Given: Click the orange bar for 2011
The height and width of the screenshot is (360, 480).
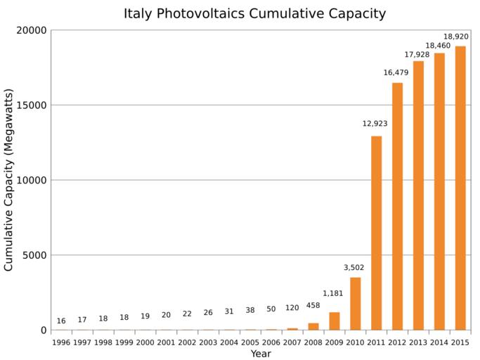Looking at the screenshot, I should (x=376, y=233).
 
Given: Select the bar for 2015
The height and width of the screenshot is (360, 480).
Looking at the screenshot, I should (x=460, y=188).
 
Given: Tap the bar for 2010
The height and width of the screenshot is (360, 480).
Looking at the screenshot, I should (x=356, y=304).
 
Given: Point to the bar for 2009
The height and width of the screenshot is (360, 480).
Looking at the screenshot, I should (x=335, y=321).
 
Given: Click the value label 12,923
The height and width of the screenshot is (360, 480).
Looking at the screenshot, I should (x=375, y=124).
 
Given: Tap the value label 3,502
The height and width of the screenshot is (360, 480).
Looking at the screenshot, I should (x=355, y=267).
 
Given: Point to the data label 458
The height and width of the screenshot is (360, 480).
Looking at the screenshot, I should (x=313, y=305).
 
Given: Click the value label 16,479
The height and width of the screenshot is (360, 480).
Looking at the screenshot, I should (x=396, y=72).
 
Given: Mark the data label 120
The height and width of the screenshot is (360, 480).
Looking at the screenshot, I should (x=292, y=308).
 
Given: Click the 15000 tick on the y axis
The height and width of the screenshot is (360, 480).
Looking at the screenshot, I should (x=31, y=105).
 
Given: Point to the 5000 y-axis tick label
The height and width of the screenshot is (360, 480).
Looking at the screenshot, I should (x=34, y=255).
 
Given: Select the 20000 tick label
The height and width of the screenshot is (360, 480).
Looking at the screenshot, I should (x=31, y=31).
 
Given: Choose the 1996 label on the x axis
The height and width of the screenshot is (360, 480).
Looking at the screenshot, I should (x=61, y=342).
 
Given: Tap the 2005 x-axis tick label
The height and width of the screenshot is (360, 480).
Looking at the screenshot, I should (x=250, y=342).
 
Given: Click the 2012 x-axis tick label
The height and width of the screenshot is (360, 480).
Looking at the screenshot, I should (x=397, y=342).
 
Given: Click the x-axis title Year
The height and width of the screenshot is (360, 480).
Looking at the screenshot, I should (x=261, y=354).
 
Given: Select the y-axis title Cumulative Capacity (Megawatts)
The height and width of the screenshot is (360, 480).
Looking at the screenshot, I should (x=9, y=180).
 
